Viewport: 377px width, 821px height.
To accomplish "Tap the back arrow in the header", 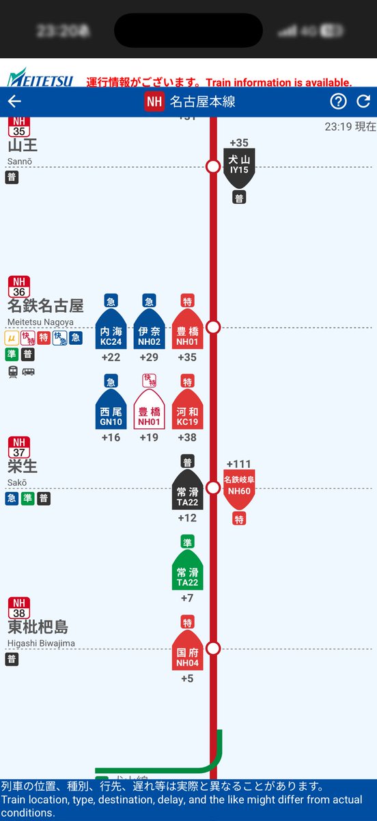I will [x=14, y=102].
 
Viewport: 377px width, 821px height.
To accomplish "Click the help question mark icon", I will [x=338, y=102].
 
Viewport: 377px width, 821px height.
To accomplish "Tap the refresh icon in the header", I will [x=363, y=102].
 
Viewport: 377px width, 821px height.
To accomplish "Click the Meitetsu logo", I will [x=40, y=78].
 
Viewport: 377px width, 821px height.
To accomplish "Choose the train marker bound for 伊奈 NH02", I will [x=149, y=331].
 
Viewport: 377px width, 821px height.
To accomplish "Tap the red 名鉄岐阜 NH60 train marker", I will [x=239, y=490].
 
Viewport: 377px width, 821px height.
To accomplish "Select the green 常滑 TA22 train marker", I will [x=187, y=571].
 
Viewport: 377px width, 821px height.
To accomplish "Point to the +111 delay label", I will [x=239, y=464].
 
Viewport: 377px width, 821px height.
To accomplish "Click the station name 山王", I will [x=23, y=146].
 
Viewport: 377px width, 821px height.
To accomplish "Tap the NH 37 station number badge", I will [x=18, y=447].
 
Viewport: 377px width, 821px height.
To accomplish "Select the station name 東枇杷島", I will [x=38, y=627].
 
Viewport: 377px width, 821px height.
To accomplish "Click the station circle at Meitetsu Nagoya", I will [x=213, y=327].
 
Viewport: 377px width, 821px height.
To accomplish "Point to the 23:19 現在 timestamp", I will [x=350, y=127].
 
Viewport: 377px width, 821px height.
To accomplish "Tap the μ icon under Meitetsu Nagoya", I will [x=11, y=337].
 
